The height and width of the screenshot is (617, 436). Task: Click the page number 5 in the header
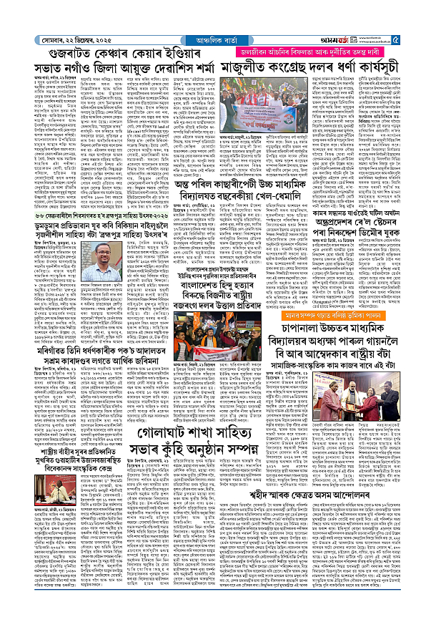[424, 9]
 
